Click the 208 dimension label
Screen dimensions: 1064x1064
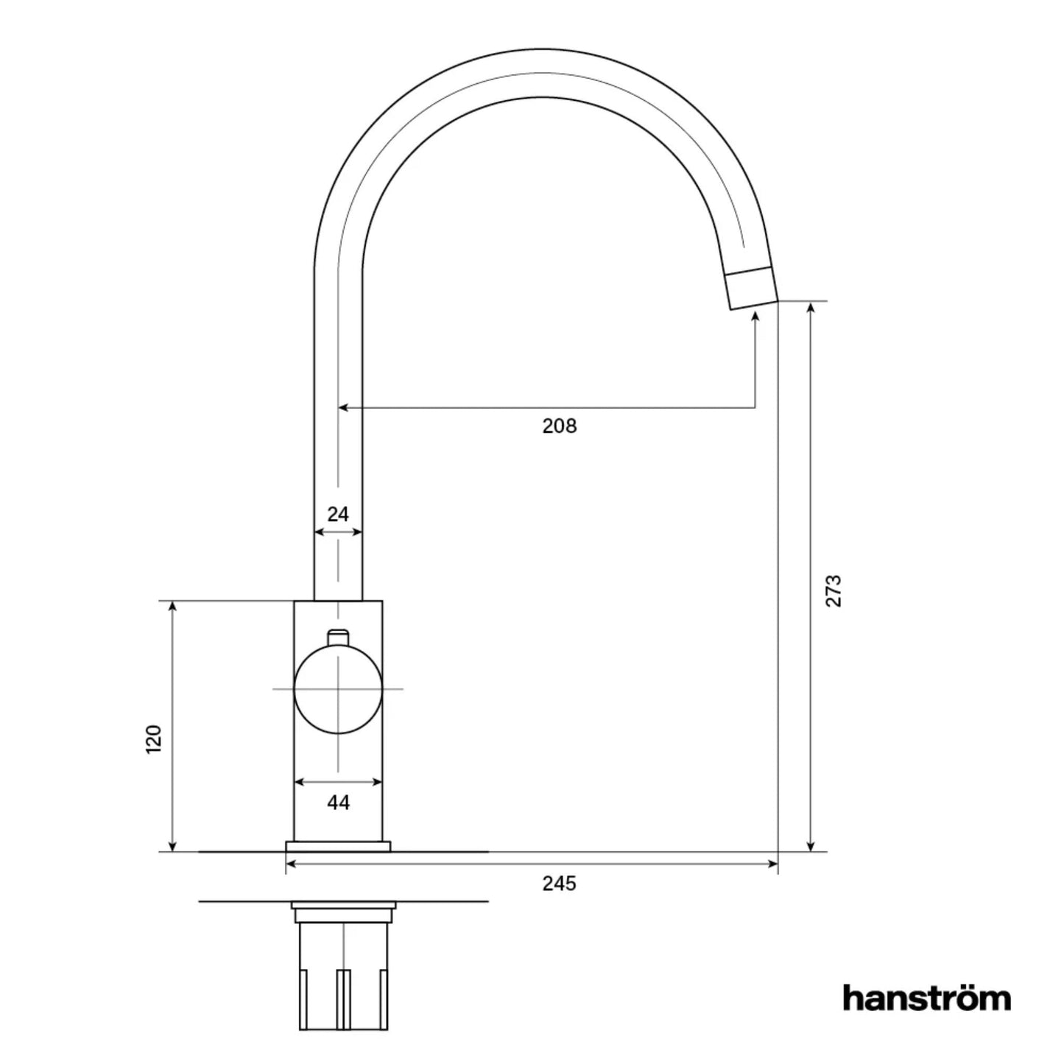[x=560, y=426]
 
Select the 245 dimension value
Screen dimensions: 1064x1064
[x=560, y=884]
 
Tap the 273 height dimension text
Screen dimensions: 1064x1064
[x=834, y=591]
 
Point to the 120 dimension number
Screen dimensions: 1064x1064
[x=153, y=739]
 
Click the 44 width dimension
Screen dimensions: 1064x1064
[x=338, y=803]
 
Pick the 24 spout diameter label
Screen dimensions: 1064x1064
[x=338, y=514]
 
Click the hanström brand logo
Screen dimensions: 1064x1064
[x=926, y=998]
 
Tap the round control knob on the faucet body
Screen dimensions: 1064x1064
[x=338, y=689]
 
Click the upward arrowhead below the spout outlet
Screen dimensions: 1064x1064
[x=755, y=317]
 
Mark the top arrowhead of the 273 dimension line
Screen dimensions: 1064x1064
[x=811, y=308]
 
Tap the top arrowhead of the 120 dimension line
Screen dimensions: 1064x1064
[x=173, y=607]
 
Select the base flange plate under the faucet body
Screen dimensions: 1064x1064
[x=338, y=847]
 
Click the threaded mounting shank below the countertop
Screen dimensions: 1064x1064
[x=343, y=972]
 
